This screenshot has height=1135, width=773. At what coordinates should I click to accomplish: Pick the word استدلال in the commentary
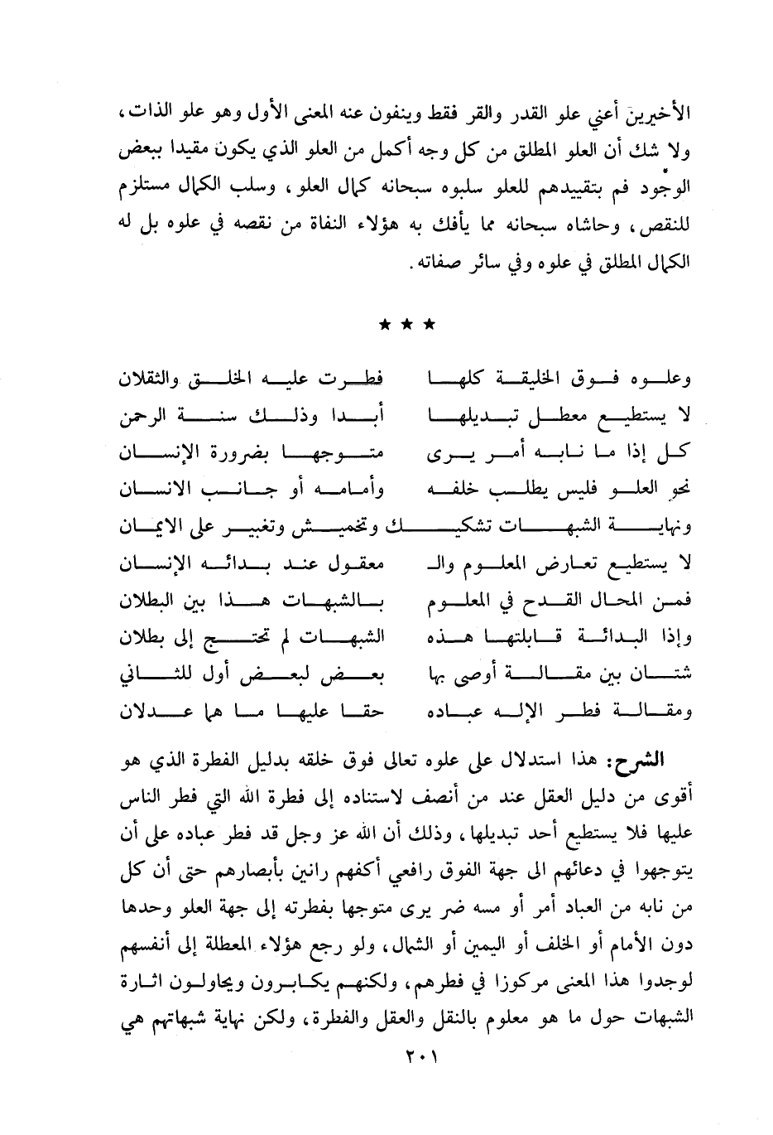[551, 760]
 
